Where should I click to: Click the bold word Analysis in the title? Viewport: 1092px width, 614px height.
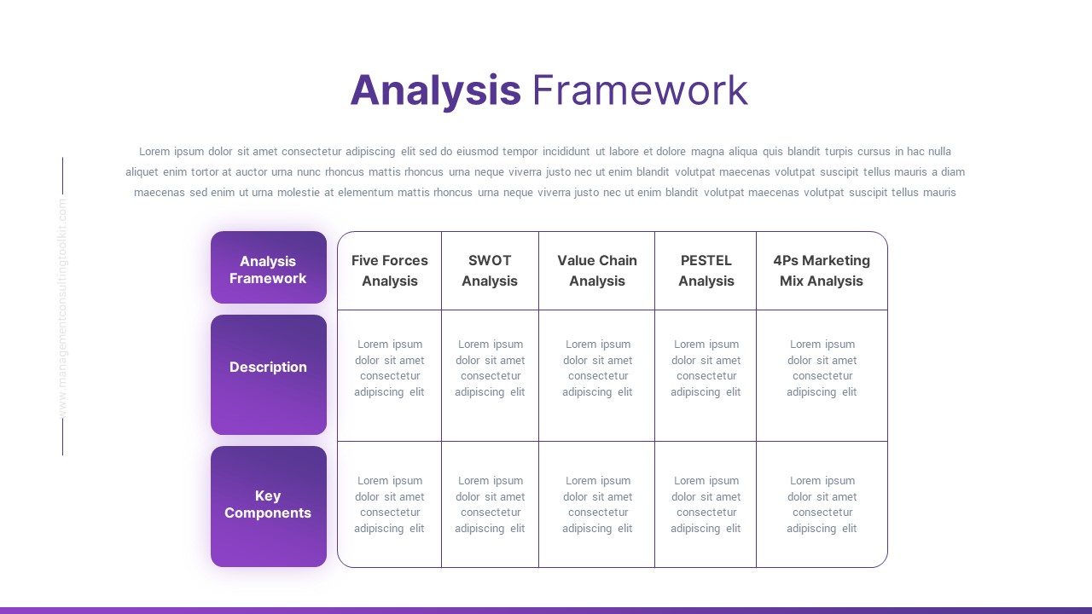point(435,90)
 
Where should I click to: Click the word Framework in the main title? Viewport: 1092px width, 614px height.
point(640,90)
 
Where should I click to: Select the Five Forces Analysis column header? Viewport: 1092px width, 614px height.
point(390,270)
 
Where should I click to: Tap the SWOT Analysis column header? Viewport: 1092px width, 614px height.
point(490,270)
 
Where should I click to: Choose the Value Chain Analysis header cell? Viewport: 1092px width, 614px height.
point(597,270)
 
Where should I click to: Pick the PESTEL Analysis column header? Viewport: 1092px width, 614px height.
point(706,270)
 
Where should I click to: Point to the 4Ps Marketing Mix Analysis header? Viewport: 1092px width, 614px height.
point(822,270)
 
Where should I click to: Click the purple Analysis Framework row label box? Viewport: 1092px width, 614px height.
point(268,269)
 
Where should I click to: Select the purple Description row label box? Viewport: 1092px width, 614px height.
point(268,374)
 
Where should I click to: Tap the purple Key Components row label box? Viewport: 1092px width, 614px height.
point(268,506)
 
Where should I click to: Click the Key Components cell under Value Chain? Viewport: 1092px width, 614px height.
point(597,505)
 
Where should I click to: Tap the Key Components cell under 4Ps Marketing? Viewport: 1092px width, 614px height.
point(822,505)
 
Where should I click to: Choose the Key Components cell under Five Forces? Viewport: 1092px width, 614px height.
point(390,505)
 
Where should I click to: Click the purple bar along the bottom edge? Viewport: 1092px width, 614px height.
point(546,610)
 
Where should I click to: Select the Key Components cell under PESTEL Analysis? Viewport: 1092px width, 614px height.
point(706,505)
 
